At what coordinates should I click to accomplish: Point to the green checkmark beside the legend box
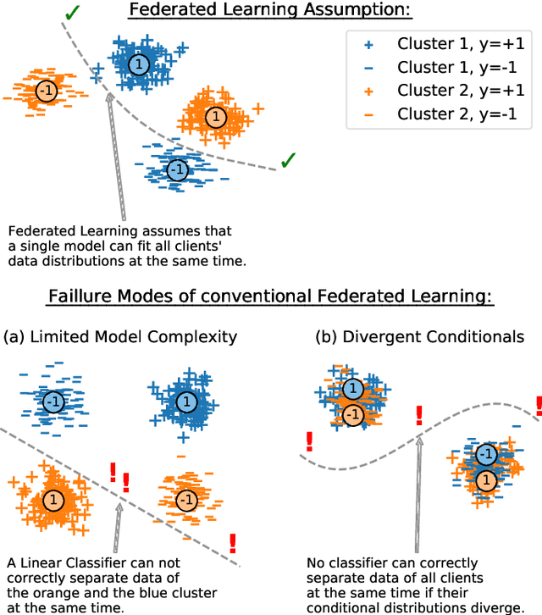tap(290, 159)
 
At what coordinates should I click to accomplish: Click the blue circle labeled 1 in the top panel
tap(138, 64)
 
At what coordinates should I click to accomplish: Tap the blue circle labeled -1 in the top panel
tap(176, 169)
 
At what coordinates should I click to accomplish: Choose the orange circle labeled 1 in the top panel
tap(216, 116)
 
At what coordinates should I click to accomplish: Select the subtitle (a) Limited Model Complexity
tap(120, 337)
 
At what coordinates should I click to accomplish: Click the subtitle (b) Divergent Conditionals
tap(419, 337)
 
